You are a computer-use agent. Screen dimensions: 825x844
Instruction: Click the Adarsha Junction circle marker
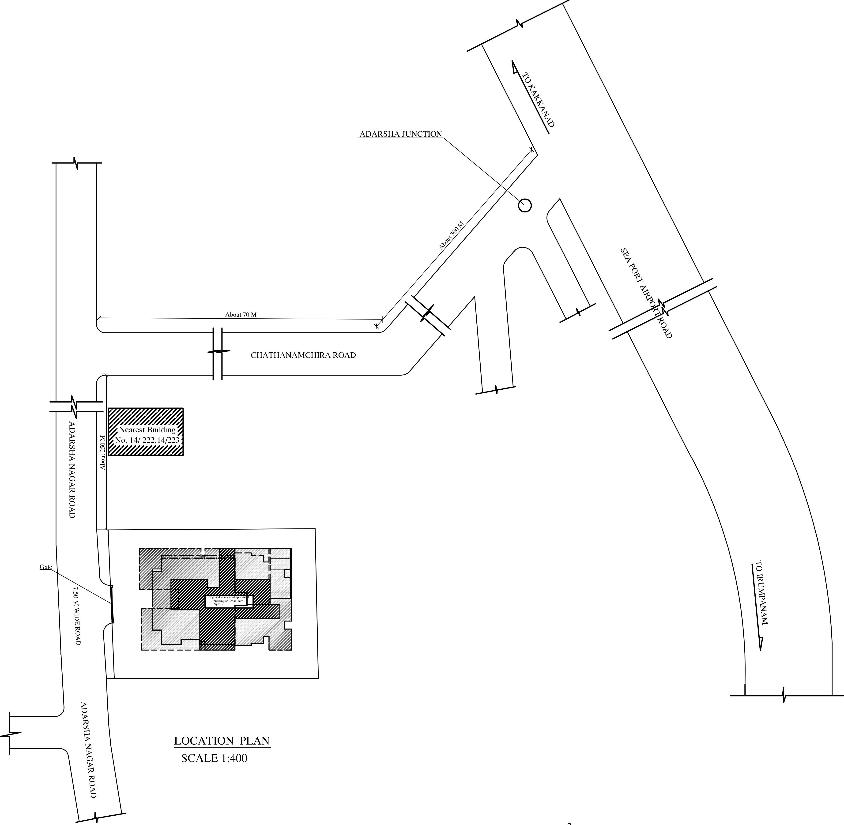[x=525, y=205]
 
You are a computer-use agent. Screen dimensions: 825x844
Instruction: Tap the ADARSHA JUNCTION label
[x=400, y=134]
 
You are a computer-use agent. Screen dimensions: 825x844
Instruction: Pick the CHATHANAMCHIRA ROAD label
[x=303, y=355]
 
